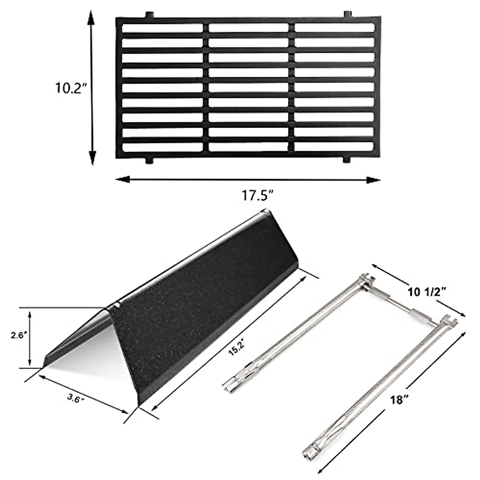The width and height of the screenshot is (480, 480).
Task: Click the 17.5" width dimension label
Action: (x=257, y=196)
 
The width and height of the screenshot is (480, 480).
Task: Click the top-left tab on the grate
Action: (x=149, y=15)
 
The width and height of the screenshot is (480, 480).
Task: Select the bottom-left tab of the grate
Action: (x=149, y=160)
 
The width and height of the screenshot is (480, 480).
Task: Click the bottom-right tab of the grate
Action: (x=346, y=160)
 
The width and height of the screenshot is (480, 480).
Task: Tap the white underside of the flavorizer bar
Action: (x=92, y=356)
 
